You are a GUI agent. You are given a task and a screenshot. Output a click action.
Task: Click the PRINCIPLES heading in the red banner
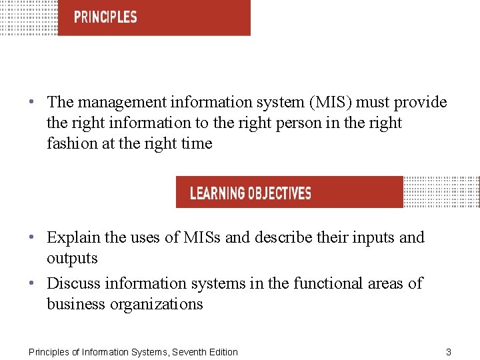(105, 17)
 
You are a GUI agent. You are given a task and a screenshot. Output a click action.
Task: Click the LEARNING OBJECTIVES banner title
(251, 193)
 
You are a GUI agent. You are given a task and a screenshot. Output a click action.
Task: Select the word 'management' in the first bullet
(122, 103)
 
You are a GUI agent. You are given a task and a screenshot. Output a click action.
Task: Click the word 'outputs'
(72, 259)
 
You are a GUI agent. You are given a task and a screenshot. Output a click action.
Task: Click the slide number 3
(449, 352)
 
